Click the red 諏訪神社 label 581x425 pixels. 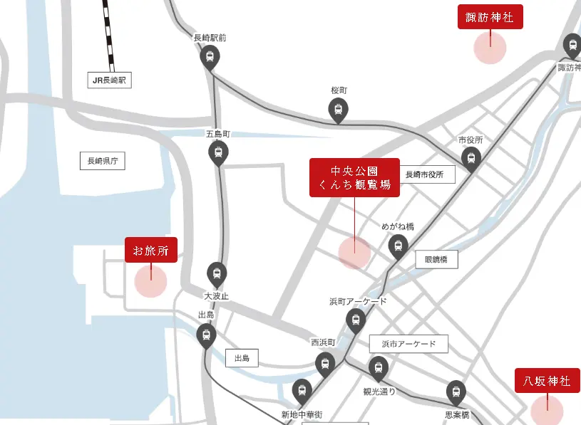(490, 17)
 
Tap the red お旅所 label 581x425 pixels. (150, 250)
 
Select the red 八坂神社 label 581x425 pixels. (547, 381)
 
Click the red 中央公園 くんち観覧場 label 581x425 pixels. (354, 177)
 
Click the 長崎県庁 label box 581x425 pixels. (102, 162)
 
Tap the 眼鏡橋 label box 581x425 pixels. (436, 260)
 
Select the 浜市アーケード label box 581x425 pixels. (408, 344)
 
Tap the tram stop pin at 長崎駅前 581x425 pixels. (210, 57)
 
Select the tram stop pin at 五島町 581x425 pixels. (217, 152)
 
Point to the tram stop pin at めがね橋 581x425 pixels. (397, 246)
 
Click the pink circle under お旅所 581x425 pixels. (150, 281)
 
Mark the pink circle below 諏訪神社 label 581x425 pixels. (490, 48)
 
